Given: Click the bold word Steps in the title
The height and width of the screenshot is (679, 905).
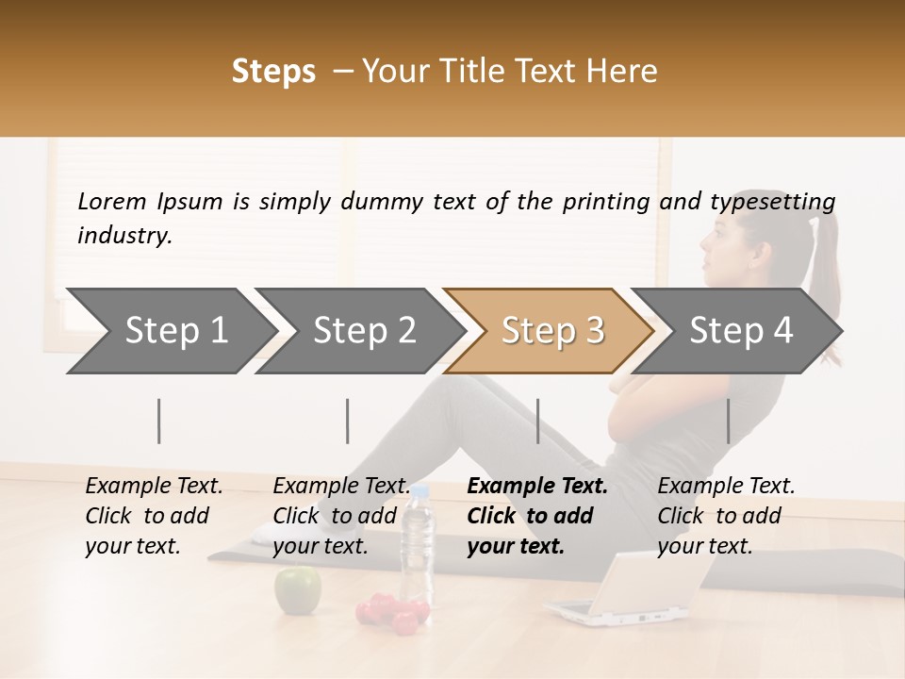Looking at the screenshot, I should [x=273, y=71].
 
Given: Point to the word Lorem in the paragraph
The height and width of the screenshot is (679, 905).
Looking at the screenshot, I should [x=111, y=201].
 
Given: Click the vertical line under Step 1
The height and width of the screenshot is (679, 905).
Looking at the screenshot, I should [x=159, y=421].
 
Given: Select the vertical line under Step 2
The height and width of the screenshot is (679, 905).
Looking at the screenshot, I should [x=348, y=421].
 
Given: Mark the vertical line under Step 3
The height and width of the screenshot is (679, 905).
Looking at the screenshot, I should [x=537, y=421].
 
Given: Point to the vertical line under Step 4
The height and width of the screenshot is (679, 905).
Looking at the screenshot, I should [x=728, y=421].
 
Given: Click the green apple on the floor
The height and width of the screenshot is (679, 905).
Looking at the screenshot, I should [x=297, y=590].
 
